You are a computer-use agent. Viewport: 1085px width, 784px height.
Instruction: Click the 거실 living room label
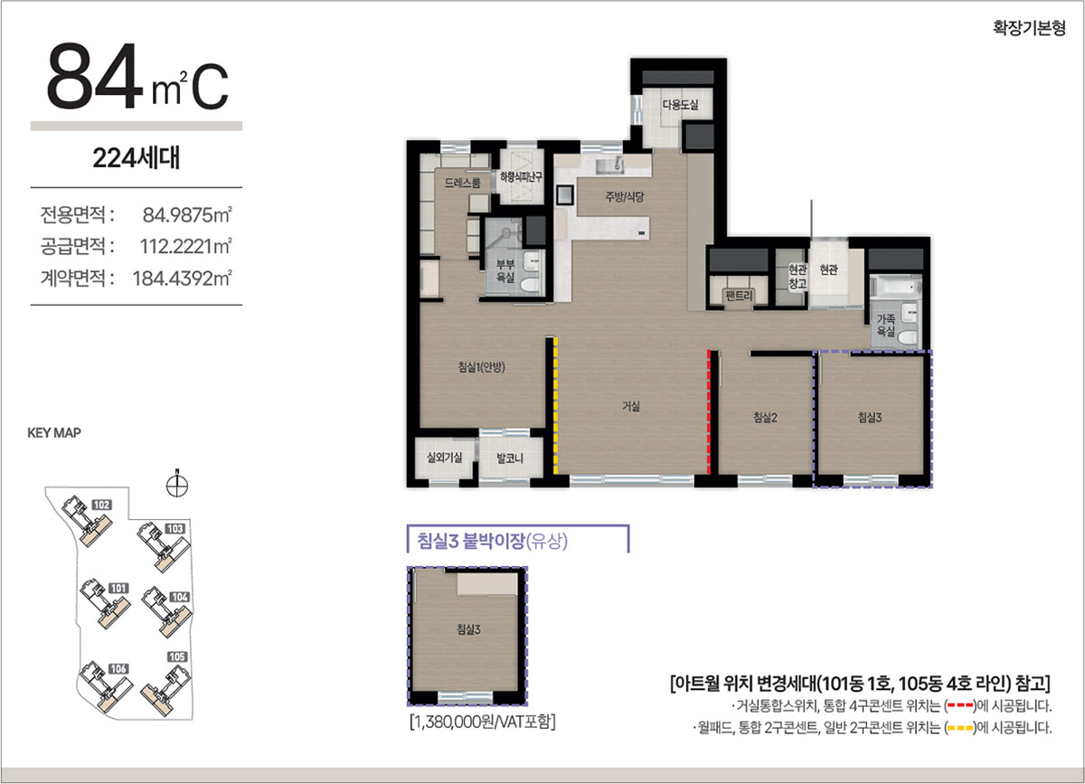(x=631, y=406)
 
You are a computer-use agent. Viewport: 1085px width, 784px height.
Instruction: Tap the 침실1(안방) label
(x=481, y=367)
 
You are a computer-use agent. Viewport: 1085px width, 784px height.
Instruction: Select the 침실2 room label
(x=765, y=417)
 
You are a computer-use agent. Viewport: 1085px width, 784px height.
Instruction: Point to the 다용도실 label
(x=681, y=104)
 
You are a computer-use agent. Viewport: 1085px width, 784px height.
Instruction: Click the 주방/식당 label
(x=625, y=197)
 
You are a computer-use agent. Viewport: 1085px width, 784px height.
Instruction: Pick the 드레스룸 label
(x=463, y=183)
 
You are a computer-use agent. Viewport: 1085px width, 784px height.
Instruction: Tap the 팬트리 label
(x=739, y=295)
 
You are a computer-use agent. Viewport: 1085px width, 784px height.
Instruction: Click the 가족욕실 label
(x=886, y=326)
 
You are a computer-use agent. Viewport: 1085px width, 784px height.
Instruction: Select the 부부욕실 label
(x=505, y=271)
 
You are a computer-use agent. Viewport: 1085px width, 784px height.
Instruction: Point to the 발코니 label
(x=510, y=458)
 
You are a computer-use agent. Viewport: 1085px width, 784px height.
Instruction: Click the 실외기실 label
(x=444, y=458)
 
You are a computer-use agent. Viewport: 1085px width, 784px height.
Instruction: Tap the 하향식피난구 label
(x=521, y=177)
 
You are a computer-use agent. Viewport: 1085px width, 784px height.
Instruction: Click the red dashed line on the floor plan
(x=709, y=411)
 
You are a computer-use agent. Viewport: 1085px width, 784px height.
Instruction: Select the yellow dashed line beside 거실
(x=555, y=406)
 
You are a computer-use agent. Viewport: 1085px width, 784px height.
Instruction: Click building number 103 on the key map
(x=175, y=529)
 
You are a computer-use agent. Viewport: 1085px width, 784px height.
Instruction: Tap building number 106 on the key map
(x=118, y=668)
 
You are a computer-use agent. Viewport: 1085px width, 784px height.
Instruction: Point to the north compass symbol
(x=177, y=485)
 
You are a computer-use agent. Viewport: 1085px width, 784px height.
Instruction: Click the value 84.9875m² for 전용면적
(x=187, y=215)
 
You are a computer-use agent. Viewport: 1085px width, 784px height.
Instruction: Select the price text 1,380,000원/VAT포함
(x=483, y=722)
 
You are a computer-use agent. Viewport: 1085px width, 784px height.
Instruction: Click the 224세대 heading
(x=137, y=158)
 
